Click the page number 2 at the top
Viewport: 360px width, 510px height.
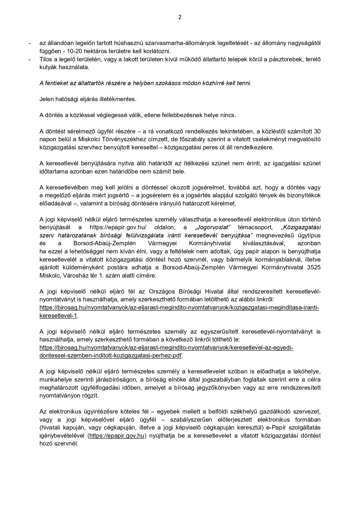point(180,17)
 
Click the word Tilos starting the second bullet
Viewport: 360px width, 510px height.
point(45,59)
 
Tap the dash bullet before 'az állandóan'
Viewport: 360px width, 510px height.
point(29,43)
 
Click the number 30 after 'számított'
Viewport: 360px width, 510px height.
point(317,131)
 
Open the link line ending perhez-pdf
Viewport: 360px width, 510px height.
point(111,356)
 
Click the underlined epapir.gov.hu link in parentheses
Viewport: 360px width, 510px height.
point(117,436)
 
